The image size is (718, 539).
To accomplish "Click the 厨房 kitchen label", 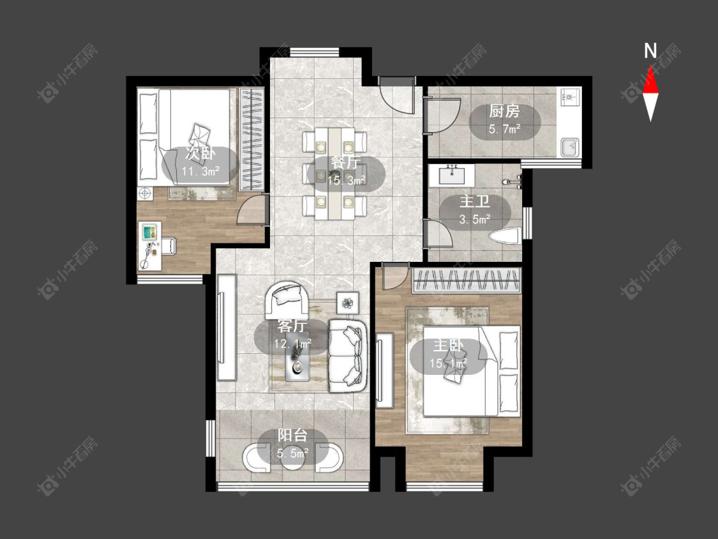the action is coord(504,111).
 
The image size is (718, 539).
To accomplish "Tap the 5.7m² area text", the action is coord(505,129).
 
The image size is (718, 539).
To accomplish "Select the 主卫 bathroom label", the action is coord(475,202).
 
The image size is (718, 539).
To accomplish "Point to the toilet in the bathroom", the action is coord(504,236).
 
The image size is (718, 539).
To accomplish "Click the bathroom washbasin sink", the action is coord(452,174).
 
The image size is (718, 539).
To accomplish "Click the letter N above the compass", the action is coord(650,51).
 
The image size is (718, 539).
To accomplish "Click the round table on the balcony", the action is coord(292,457).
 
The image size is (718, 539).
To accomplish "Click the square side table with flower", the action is coord(348,303).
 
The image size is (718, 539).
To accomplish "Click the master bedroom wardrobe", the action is coord(467,280).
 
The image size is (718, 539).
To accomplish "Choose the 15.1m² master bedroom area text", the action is coord(448,363).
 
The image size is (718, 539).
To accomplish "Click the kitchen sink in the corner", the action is coord(570,146).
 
